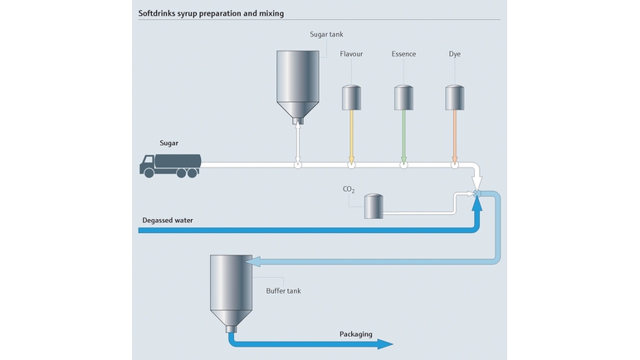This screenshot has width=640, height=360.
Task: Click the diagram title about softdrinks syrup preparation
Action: point(211,13)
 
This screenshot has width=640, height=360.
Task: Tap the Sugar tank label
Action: point(326,34)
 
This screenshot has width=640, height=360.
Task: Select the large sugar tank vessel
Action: point(298,87)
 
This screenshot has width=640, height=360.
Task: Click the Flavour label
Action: point(351,54)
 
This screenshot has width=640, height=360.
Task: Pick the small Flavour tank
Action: point(351,97)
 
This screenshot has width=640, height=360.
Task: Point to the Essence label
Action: point(403,54)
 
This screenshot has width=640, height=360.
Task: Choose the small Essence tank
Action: point(403,97)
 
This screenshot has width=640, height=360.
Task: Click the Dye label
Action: point(455,54)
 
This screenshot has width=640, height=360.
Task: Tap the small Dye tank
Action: point(455,97)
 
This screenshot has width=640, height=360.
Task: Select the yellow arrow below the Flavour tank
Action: point(351,137)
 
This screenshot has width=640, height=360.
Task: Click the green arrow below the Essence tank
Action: point(403,137)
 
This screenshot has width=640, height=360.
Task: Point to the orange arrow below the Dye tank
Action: point(455,137)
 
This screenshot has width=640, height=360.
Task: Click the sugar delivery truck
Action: point(170,166)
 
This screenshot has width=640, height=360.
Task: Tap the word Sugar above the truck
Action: point(169,144)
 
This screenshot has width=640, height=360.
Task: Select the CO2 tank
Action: point(374,207)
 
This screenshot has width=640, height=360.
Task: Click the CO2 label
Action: point(349,189)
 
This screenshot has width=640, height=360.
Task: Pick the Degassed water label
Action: point(168,220)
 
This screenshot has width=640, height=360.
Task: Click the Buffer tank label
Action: point(283,290)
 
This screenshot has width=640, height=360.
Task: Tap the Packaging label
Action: point(356,334)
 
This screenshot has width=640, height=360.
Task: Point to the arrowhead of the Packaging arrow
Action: point(385,344)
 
